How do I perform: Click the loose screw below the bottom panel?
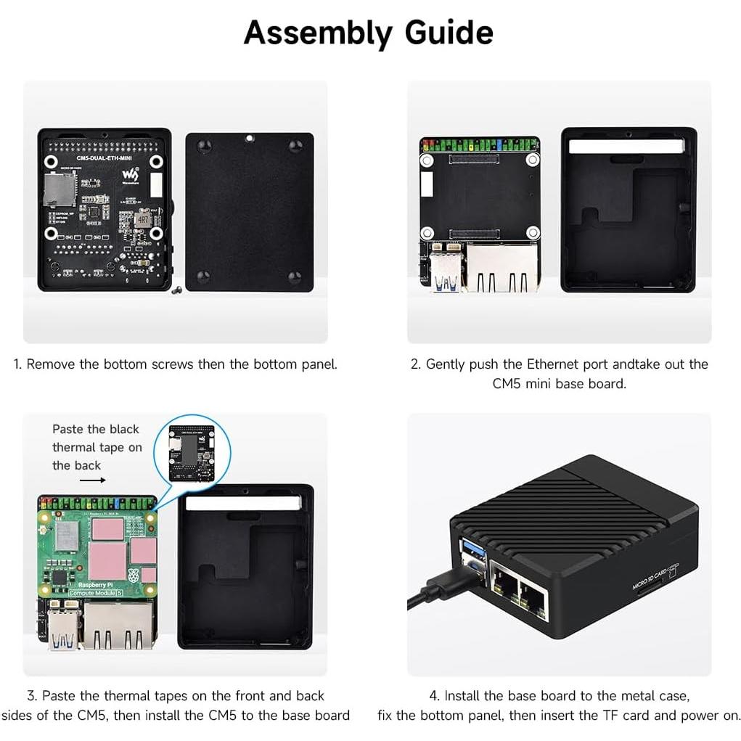click(x=176, y=292)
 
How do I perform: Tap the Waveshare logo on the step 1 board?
click(x=130, y=175)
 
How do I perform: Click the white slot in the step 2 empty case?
click(x=626, y=147)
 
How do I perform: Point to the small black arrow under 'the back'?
click(x=92, y=480)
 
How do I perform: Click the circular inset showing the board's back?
click(x=192, y=452)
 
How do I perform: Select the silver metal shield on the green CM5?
click(x=67, y=535)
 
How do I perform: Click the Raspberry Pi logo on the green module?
click(x=132, y=578)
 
